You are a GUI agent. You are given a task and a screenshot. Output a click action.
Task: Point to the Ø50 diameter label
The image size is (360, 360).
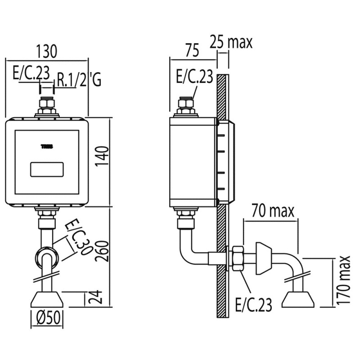point(46,319)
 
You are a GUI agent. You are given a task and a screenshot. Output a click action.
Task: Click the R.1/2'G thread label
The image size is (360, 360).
point(79,81)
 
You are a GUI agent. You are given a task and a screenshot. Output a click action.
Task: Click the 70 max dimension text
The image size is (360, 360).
point(270,211)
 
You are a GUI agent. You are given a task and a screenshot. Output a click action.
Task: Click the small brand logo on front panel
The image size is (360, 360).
point(47,145)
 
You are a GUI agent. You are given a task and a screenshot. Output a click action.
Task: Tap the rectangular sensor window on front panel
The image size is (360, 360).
point(46,170)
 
